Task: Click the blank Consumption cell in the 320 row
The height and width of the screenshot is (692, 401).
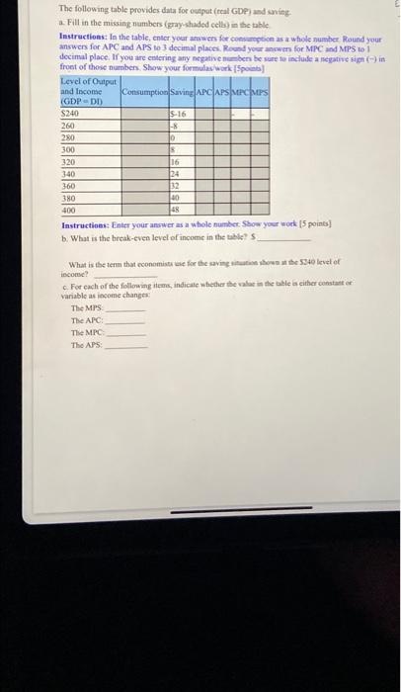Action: pos(142,160)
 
